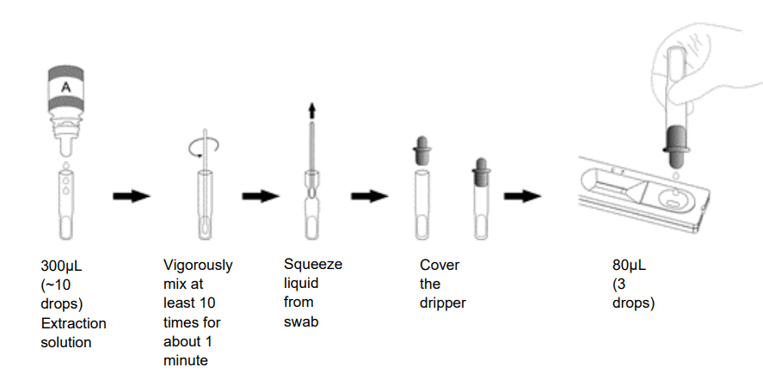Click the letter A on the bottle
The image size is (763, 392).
(x=64, y=87)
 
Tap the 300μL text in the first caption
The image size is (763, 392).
(x=62, y=265)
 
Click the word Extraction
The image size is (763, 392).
(x=74, y=323)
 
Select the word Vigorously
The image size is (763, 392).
(x=198, y=265)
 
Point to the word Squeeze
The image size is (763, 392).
(x=313, y=264)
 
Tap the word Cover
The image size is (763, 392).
(x=440, y=265)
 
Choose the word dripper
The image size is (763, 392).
(x=443, y=303)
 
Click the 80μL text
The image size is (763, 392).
(x=629, y=265)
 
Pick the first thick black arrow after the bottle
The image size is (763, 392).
(x=132, y=196)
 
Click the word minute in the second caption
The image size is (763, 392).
(x=185, y=360)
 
